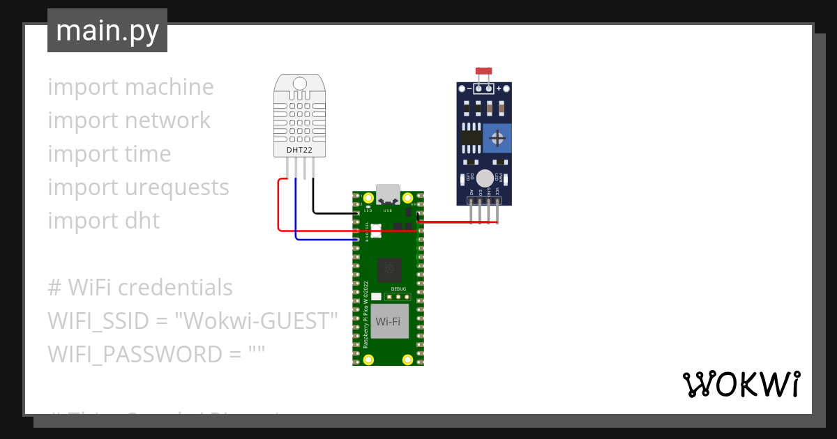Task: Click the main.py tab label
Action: click(x=107, y=31)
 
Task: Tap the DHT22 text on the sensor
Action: click(x=299, y=149)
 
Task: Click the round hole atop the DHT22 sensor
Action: click(x=299, y=84)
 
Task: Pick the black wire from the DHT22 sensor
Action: click(x=313, y=199)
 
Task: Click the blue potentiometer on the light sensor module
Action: click(x=497, y=138)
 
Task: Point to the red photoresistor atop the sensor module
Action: click(x=483, y=71)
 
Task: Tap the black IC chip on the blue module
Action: click(x=472, y=138)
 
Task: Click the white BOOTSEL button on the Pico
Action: click(x=376, y=230)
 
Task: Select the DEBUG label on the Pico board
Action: click(x=398, y=288)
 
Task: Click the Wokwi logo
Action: click(x=740, y=384)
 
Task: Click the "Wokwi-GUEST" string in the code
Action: click(x=256, y=321)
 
